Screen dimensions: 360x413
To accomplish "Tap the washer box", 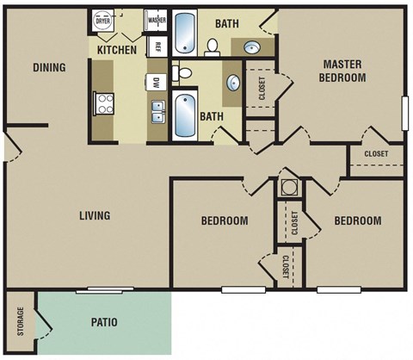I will coord(157,20).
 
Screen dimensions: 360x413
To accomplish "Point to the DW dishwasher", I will coord(157,84).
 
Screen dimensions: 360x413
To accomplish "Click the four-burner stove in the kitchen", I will coord(104,103).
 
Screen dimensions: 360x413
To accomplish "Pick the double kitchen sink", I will coord(157,111).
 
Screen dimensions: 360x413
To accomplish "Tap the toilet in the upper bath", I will coord(213,45).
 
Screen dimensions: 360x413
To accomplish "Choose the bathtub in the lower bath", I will coord(185,116).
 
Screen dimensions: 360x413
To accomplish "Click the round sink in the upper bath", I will coord(254,47).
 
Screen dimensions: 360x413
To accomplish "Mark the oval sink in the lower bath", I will coord(233,84).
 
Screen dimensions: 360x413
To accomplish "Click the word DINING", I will coord(49,68).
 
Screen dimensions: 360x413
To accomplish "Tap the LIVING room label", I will coord(94,215).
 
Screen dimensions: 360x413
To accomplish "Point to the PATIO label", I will coord(104,323).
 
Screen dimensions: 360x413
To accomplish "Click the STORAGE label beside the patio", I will coord(19,321).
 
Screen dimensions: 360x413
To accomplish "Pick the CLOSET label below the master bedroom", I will coord(376,154).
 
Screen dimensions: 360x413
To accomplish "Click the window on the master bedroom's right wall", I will coord(404,112).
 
